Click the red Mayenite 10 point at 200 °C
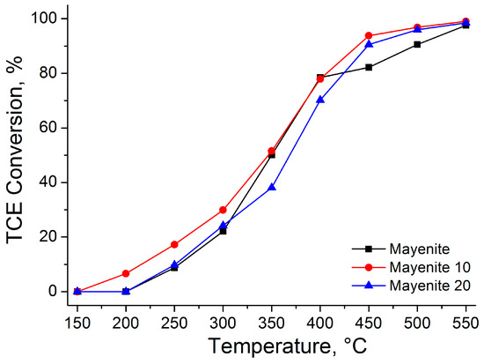[x=126, y=273]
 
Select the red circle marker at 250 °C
[x=174, y=244]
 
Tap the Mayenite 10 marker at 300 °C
[x=223, y=210]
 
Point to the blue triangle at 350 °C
[x=272, y=187]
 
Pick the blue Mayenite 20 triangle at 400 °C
[x=320, y=100]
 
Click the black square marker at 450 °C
[x=369, y=67]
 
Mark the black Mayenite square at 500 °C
[x=417, y=44]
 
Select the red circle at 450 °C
[x=369, y=35]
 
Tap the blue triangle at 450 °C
[x=369, y=44]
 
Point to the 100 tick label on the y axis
[x=44, y=19]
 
